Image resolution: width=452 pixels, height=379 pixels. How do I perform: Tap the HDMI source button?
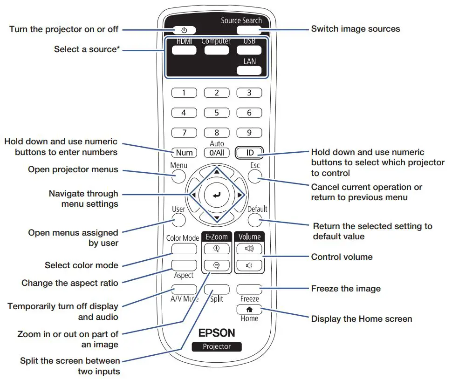(x=184, y=50)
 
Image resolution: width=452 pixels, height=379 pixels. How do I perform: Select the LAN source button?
(x=249, y=70)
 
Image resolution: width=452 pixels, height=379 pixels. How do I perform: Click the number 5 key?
(x=216, y=113)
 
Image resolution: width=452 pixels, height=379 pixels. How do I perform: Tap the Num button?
(x=184, y=152)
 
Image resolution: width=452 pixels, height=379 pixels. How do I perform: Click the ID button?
(x=249, y=152)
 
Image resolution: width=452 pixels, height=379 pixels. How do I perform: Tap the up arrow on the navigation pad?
(x=216, y=171)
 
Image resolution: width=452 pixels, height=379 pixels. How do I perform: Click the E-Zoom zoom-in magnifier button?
(x=216, y=249)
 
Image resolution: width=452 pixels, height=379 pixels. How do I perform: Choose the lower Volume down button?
(x=249, y=266)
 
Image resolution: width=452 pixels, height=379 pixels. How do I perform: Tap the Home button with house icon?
(x=249, y=309)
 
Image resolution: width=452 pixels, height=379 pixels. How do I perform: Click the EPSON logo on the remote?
(x=217, y=333)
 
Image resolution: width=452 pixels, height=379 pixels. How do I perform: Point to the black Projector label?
(x=217, y=346)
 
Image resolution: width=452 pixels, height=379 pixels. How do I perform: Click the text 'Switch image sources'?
(x=355, y=29)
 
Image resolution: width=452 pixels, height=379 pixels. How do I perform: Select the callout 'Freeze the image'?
(x=346, y=289)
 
